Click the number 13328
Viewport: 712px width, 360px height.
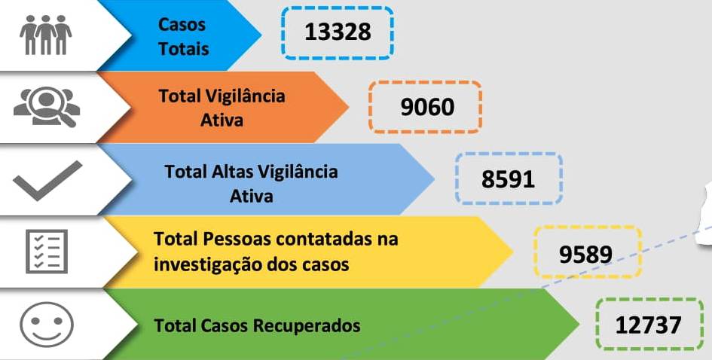tap(338, 32)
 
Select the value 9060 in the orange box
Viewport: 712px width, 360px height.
tap(426, 107)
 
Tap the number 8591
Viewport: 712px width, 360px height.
tap(508, 179)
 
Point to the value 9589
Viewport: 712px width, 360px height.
tap(586, 253)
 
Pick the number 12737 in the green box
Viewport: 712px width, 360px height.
tap(649, 325)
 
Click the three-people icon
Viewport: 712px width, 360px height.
tap(46, 35)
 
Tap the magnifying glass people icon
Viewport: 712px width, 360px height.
tap(46, 106)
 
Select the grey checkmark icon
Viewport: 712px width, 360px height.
tap(47, 180)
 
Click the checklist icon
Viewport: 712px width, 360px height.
tap(47, 252)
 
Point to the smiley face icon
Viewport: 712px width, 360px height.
tap(47, 325)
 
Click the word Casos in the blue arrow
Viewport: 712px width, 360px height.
tap(182, 25)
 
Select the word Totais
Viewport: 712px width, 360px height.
tap(183, 49)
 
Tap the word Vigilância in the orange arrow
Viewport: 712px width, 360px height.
tap(244, 96)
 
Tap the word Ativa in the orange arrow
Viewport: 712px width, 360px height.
tap(222, 120)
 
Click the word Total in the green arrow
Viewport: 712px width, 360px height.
tap(175, 326)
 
